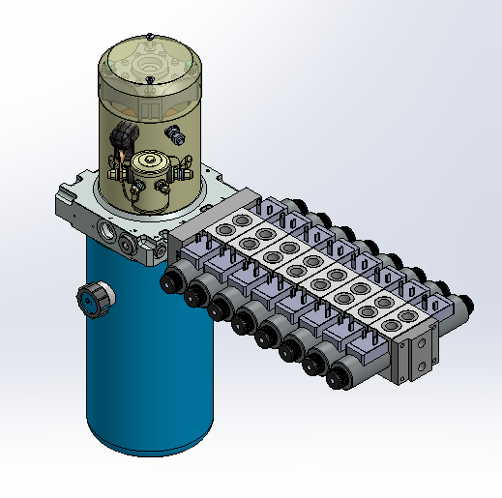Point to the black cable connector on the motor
(123, 137)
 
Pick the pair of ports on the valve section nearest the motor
(233, 226)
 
